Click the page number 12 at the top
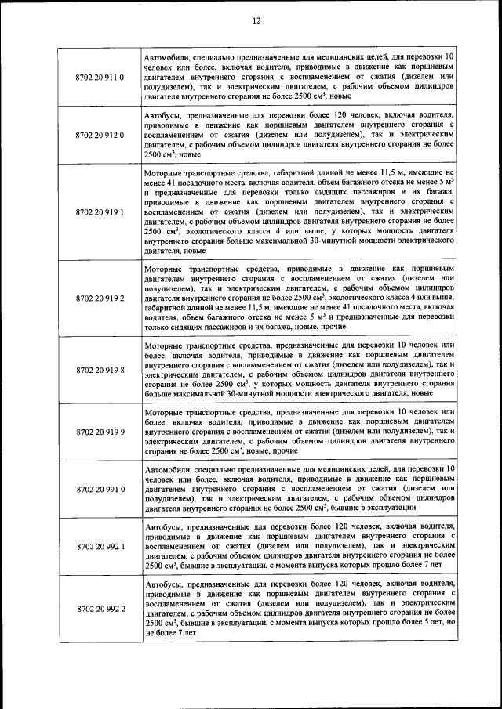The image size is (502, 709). [256, 21]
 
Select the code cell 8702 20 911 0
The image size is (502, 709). [100, 78]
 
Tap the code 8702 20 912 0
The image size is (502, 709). [100, 136]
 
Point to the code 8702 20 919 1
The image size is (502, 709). [100, 212]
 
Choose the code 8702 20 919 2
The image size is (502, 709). [100, 298]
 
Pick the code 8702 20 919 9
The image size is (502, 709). [100, 431]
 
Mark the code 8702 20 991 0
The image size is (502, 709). [100, 489]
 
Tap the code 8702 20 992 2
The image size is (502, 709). [100, 608]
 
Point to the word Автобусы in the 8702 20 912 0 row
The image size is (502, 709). [164, 114]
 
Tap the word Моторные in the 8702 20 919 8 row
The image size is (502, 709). [167, 344]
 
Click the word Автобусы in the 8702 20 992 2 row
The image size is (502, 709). [164, 584]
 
